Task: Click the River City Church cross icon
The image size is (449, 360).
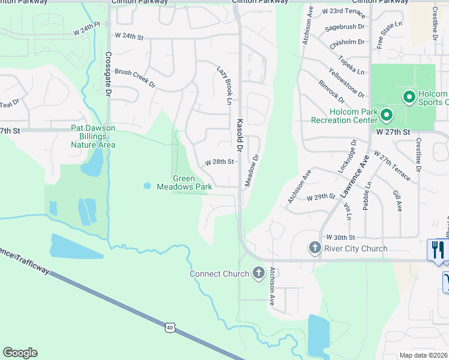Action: pos(314,248)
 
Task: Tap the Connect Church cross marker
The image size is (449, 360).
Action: pos(259,273)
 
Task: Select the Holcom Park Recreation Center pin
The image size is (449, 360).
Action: pos(387,114)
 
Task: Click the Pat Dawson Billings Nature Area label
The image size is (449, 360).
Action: pos(93,136)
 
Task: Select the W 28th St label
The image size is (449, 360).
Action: pos(219,162)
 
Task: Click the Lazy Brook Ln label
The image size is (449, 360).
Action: pos(225,85)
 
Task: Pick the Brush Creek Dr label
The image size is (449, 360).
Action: pos(135,79)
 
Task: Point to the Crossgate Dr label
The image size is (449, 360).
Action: pos(108,74)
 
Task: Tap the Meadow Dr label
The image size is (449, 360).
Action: pos(252,172)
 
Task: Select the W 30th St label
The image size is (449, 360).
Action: pos(341,238)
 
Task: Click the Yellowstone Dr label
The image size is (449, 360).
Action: pos(347,84)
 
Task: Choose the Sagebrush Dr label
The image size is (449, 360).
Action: pos(345,27)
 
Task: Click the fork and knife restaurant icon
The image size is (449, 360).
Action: pos(438,249)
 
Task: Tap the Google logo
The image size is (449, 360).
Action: pos(20,353)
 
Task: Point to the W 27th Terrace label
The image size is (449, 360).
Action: pos(392,165)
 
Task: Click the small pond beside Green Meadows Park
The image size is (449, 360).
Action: pos(147,185)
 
